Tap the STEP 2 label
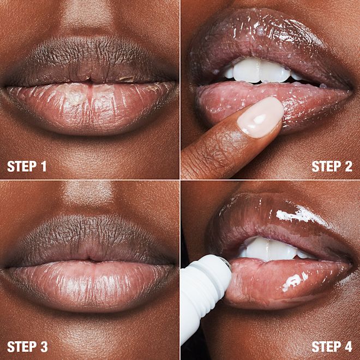point(332,166)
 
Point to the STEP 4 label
point(332,346)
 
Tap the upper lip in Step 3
point(90,240)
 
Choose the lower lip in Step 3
point(90,281)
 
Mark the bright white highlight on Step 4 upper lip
point(297,215)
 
